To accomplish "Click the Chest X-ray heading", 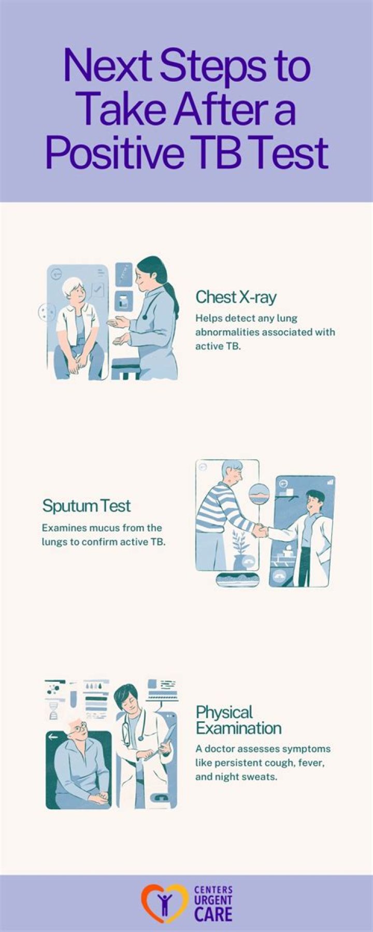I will coord(236,297).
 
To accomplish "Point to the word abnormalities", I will coord(226,332).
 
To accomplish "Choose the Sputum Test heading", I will coord(87,505).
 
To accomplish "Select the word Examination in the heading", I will coord(239,728).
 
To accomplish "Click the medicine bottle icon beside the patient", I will coord(123,300).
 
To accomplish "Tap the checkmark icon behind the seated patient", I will coord(97,290).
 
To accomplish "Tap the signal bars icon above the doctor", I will coord(331,482).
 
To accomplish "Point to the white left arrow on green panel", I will coord(53,737).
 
